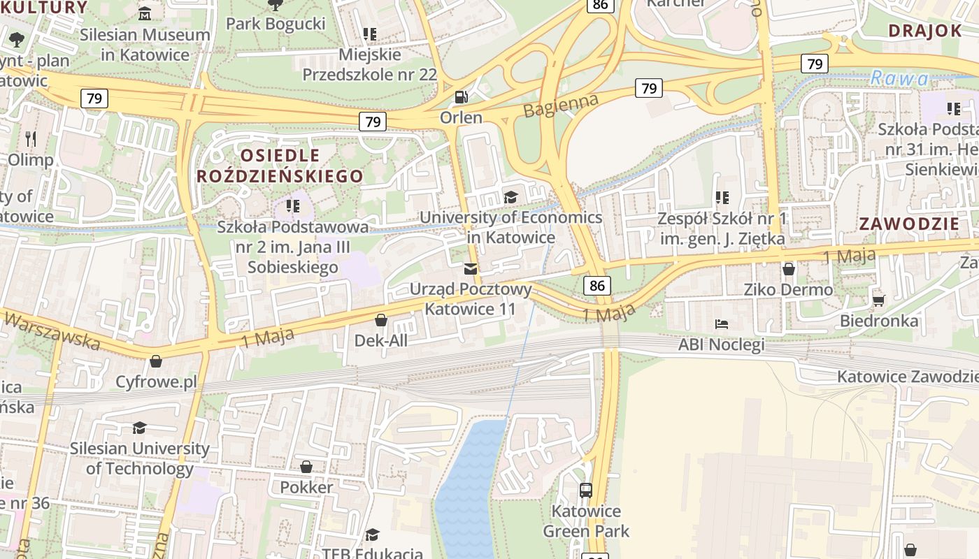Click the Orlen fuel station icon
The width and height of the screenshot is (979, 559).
click(461, 96)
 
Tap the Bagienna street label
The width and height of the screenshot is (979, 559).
click(561, 106)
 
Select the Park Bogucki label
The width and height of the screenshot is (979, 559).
click(276, 24)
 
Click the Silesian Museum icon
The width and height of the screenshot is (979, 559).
click(145, 13)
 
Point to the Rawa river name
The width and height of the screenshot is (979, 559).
click(899, 78)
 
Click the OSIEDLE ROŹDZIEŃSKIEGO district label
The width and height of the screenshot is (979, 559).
click(280, 166)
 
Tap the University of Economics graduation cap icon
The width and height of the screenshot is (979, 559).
click(510, 197)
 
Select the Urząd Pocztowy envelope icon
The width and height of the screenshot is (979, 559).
click(471, 269)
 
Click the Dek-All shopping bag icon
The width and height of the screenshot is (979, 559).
click(381, 321)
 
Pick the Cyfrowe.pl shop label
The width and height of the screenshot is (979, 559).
click(157, 382)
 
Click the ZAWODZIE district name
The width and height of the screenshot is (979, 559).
click(908, 224)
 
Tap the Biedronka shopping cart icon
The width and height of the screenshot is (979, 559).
click(879, 300)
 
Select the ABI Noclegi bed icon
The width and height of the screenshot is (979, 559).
click(722, 324)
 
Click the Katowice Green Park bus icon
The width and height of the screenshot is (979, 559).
click(586, 491)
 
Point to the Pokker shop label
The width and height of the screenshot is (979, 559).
click(306, 487)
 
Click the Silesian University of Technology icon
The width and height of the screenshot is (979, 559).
click(139, 428)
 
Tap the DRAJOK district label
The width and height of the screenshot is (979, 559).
click(925, 30)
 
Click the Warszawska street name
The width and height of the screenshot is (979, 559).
click(52, 331)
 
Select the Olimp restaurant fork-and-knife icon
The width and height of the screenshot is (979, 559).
click(30, 138)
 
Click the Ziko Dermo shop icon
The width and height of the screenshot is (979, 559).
click(789, 269)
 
